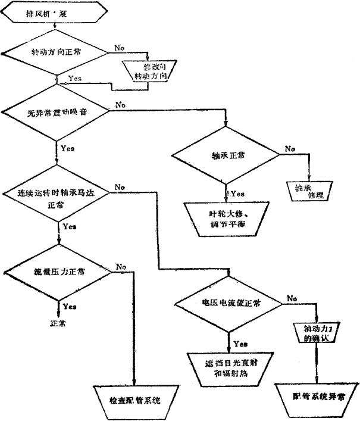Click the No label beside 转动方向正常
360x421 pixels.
pos(119,46)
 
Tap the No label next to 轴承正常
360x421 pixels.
pos(290,148)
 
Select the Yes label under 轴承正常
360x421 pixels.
pos(237,194)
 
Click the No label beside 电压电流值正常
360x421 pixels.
pos(292,298)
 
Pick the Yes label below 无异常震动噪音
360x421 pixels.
pos(67,148)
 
